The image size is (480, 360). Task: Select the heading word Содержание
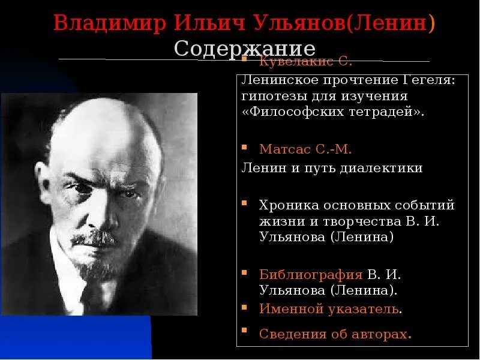click(x=245, y=48)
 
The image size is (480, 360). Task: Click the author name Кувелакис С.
click(x=305, y=61)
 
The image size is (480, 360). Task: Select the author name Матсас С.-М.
click(x=305, y=149)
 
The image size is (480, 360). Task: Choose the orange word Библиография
click(x=311, y=275)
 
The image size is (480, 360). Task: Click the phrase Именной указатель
click(x=329, y=309)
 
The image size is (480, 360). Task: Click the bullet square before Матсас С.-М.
click(x=244, y=147)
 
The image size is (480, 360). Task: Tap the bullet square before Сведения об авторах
click(x=244, y=331)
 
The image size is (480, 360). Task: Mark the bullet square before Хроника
click(x=244, y=203)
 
